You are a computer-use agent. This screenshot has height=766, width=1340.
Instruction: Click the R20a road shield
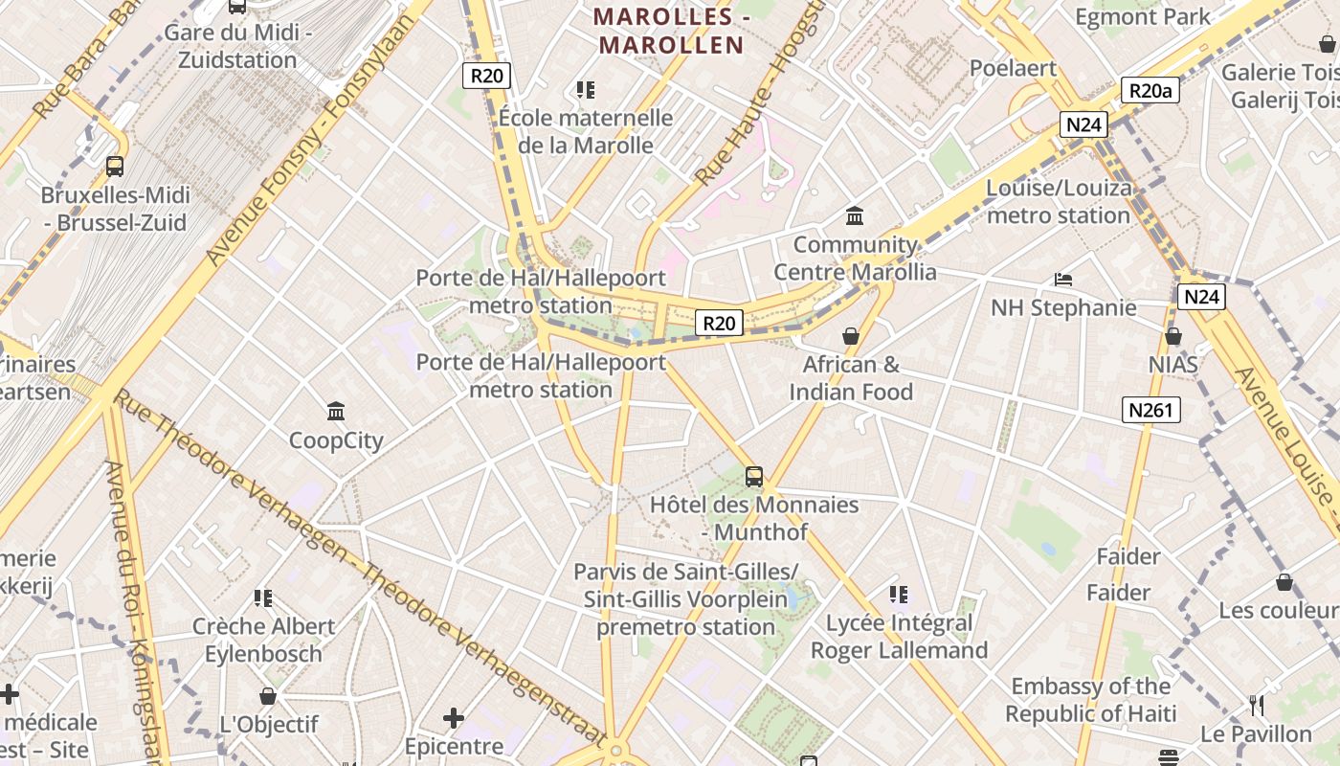pyautogui.click(x=1150, y=90)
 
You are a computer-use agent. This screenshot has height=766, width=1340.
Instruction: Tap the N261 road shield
pyautogui.click(x=1150, y=411)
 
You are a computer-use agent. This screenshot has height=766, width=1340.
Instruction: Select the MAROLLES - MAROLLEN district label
pyautogui.click(x=669, y=31)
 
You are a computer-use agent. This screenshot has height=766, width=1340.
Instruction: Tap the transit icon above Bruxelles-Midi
pyautogui.click(x=115, y=166)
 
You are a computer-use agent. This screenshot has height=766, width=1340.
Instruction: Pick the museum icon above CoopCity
pyautogui.click(x=336, y=412)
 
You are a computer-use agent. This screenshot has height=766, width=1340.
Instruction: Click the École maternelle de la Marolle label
pyautogui.click(x=586, y=131)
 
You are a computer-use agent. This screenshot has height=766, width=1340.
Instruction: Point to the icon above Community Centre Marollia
pyautogui.click(x=855, y=215)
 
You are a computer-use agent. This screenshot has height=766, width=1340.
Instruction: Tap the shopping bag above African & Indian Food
pyautogui.click(x=850, y=336)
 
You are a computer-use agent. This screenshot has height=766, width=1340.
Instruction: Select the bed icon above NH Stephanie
pyautogui.click(x=1062, y=280)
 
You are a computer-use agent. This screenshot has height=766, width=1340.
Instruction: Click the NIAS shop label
pyautogui.click(x=1173, y=365)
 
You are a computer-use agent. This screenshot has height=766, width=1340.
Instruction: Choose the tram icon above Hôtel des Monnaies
pyautogui.click(x=754, y=476)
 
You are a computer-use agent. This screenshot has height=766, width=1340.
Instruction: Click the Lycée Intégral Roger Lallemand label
pyautogui.click(x=899, y=637)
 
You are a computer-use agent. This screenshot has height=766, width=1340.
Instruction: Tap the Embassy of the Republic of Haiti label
pyautogui.click(x=1090, y=700)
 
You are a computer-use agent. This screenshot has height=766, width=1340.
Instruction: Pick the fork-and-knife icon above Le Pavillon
pyautogui.click(x=1257, y=706)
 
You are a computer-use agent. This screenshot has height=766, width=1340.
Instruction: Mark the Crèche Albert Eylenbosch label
pyautogui.click(x=263, y=640)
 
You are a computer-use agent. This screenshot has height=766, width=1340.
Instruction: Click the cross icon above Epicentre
pyautogui.click(x=454, y=717)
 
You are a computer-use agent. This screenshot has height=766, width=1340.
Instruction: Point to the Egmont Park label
pyautogui.click(x=1142, y=16)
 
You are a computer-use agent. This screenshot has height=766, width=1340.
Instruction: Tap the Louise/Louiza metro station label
pyautogui.click(x=1059, y=201)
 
